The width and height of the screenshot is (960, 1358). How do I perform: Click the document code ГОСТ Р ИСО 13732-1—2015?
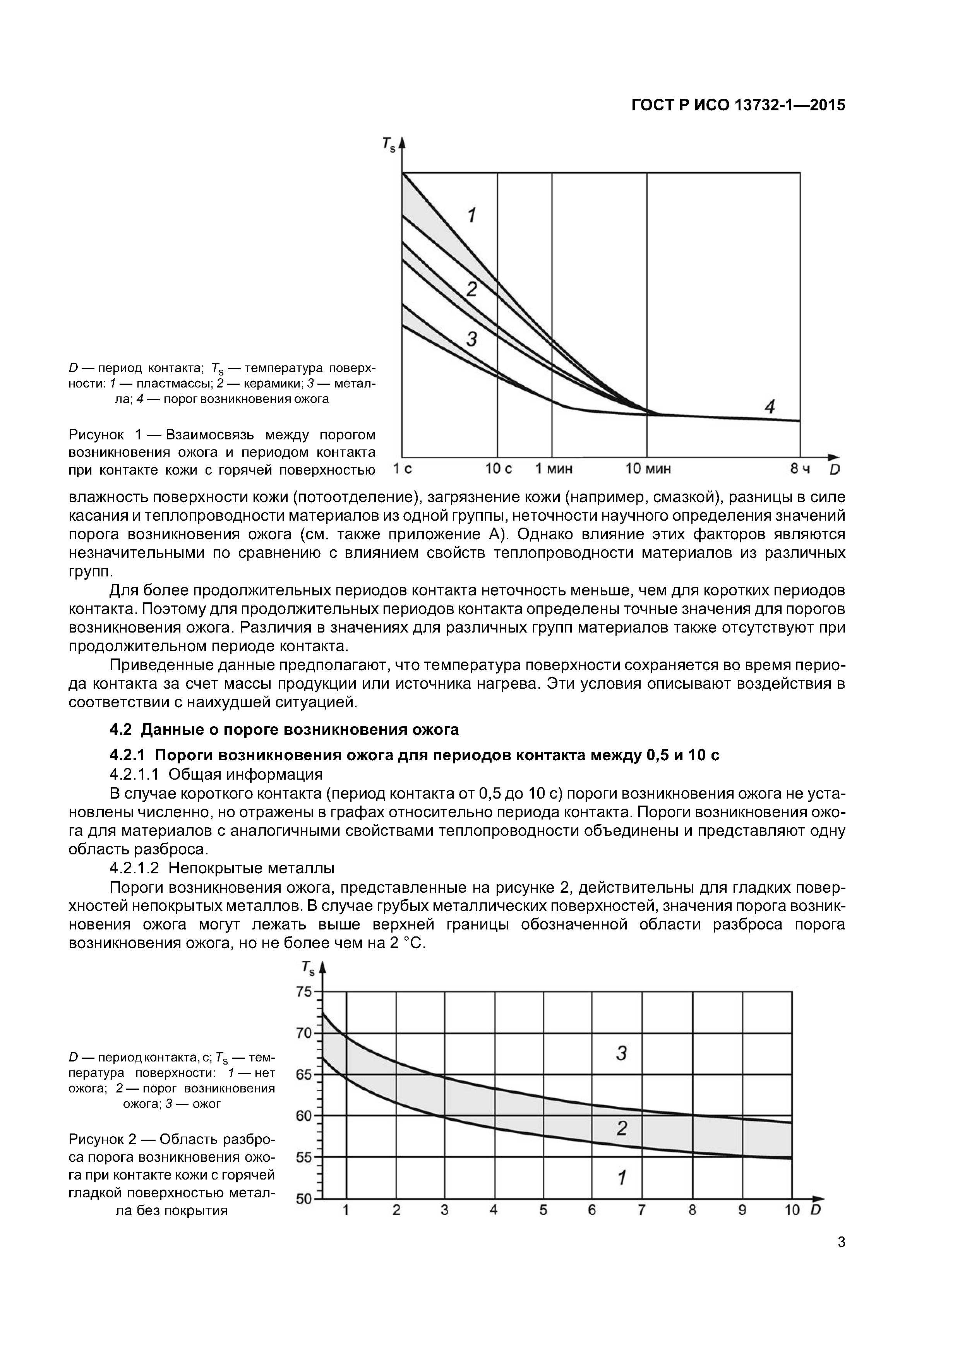coord(738,105)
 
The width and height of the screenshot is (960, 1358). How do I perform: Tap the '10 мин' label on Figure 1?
coord(648,470)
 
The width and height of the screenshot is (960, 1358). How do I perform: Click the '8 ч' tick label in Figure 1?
coord(800,470)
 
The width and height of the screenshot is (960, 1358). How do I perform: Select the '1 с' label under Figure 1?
coord(403,470)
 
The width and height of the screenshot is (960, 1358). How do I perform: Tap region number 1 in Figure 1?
coord(471,215)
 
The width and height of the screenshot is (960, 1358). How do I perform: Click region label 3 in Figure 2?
coord(621,1053)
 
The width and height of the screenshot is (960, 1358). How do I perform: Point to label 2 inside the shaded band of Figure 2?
coord(621,1128)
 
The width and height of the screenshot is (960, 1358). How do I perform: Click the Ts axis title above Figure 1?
coord(387,144)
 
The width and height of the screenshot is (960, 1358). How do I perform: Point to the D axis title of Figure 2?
coord(816,1210)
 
